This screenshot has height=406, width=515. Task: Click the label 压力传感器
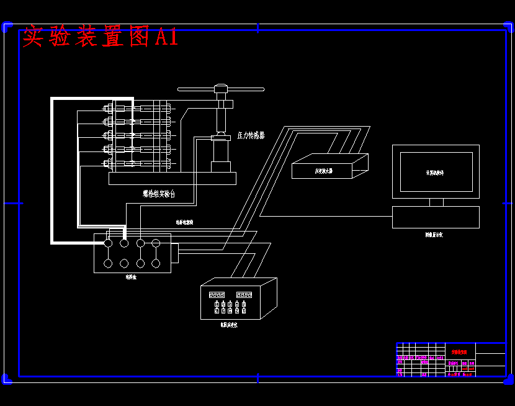tap(251, 135)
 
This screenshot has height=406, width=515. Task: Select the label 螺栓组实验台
tap(159, 194)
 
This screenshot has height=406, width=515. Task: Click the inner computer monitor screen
tap(435, 172)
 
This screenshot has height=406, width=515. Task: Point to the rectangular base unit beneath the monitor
tap(436, 217)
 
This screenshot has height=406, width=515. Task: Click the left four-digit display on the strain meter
tap(217, 294)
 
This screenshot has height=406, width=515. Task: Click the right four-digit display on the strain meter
tap(243, 294)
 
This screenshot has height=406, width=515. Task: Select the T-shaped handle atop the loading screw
tap(221, 89)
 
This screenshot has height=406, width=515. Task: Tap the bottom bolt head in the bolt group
tap(109, 164)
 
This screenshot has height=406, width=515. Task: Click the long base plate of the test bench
tap(172, 179)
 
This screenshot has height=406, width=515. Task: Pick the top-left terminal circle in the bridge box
tap(108, 243)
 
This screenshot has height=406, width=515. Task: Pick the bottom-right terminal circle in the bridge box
tap(156, 263)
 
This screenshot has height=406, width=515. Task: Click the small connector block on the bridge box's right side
tap(174, 253)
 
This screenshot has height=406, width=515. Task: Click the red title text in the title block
tap(460, 352)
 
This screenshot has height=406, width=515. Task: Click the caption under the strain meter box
tap(228, 325)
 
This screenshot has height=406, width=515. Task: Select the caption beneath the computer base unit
tap(434, 235)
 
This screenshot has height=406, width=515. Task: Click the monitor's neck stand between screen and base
tap(436, 202)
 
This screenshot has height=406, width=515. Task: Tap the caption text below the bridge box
tap(131, 277)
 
